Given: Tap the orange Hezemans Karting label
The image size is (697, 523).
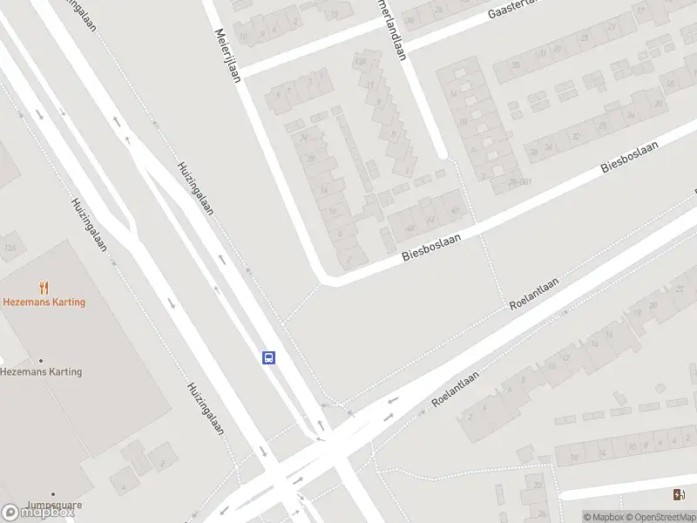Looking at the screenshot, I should click(x=44, y=302).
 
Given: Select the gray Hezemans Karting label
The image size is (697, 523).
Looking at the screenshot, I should click(x=41, y=371).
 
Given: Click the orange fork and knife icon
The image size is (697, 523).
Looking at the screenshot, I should click(x=44, y=287).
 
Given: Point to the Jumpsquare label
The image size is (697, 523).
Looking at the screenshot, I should click(x=53, y=504).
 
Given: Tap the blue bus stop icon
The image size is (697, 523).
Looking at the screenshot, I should click(x=269, y=357).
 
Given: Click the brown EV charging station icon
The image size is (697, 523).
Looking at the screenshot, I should click(x=679, y=495).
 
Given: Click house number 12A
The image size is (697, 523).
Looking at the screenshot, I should click(x=10, y=248).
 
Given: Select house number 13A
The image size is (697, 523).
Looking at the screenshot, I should click(x=359, y=63).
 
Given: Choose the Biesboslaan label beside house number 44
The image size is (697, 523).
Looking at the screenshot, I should click(x=430, y=245).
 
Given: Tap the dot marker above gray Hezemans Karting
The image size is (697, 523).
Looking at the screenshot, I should click(x=40, y=360).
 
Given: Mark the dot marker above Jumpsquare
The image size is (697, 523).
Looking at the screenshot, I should click(x=52, y=493).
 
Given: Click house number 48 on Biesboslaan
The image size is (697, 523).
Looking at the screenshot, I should click(x=409, y=228).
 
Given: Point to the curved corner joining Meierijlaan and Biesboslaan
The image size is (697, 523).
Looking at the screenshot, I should click(x=324, y=279).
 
